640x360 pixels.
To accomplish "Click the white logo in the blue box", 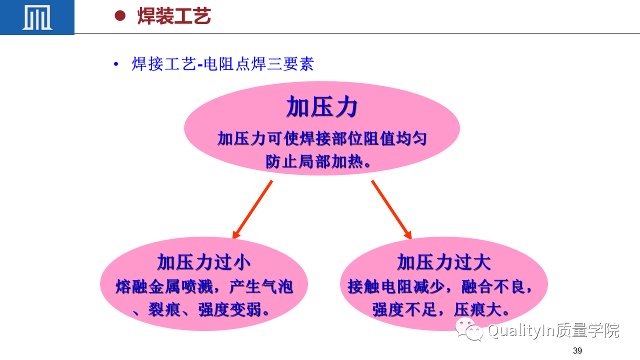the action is pos(37,17).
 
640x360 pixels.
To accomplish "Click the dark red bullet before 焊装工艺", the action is pos(120,15).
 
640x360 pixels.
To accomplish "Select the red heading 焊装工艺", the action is pos(174,16).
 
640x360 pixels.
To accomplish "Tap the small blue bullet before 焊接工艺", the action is pos(116,64).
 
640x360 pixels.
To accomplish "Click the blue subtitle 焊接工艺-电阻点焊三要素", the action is pos(223,63).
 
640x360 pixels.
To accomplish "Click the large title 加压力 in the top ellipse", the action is pos(322,106).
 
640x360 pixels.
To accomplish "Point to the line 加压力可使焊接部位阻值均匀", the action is pos(322,138).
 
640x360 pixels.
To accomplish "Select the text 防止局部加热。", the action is pos(318,161).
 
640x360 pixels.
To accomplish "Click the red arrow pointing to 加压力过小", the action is pos(252,209).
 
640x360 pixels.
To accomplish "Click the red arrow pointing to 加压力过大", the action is pos(391,209).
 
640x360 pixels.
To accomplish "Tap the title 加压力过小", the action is pos(203,262).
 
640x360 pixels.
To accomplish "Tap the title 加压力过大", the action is pos(443,262).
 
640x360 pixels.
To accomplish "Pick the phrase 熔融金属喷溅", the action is pos(164,286).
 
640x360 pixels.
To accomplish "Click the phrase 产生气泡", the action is pos(261,286).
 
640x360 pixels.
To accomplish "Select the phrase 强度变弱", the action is pos(230,309).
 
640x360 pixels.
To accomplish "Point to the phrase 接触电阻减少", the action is pos(396,286).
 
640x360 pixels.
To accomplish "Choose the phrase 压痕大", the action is pos(477,309).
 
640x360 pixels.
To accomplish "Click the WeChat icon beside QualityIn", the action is pos(469,329).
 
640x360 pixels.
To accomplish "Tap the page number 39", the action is pos(577,350).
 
